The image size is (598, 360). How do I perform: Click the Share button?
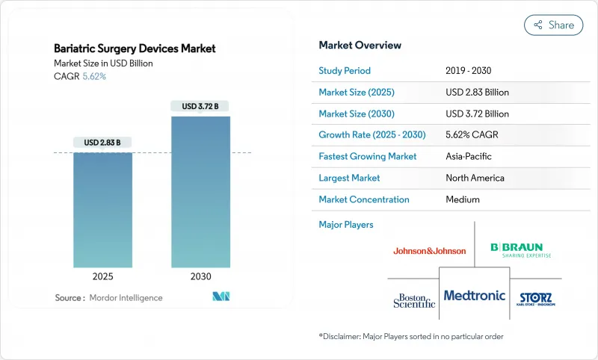pos(554,25)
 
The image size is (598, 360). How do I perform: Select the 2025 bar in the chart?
pos(102,210)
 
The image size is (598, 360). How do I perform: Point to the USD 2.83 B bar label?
pos(102,142)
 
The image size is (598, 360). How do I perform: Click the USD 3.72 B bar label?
pos(200,106)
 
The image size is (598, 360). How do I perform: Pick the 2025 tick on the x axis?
pos(102,276)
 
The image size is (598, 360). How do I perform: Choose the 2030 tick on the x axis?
pos(200,276)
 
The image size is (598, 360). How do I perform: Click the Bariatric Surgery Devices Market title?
pos(135,49)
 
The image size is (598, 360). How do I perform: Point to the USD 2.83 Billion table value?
pos(477,93)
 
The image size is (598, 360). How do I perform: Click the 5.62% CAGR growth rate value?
pos(472,135)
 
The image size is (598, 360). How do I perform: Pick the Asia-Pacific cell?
pos(468,157)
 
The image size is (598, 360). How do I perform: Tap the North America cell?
pos(474,178)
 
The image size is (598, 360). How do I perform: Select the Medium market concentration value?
pos(462,199)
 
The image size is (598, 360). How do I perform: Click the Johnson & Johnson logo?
pos(429,251)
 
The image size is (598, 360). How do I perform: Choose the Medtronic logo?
pos(474,296)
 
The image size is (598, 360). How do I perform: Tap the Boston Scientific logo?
pos(414,300)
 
